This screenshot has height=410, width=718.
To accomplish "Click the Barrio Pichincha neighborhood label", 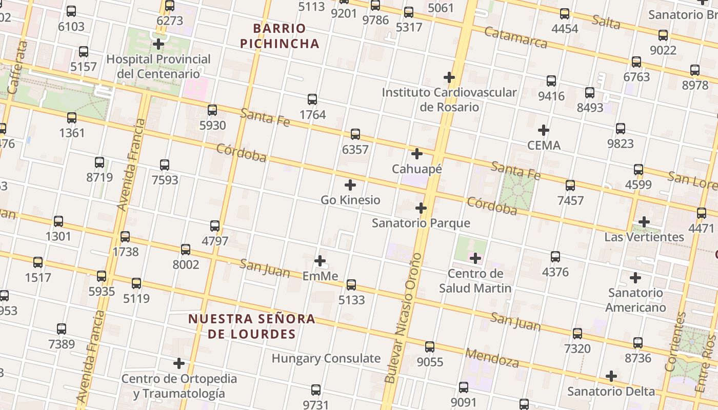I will click(x=280, y=36).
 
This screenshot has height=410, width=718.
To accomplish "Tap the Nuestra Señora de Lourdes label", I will click(x=251, y=326).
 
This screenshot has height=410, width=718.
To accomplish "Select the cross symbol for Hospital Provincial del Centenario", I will click(x=158, y=44).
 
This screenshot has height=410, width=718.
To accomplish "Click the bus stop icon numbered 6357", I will click(x=355, y=135).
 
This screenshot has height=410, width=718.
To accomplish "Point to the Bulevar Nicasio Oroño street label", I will click(x=404, y=318).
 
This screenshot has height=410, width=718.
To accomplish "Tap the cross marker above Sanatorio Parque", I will click(x=421, y=208).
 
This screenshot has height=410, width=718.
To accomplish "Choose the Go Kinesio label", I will click(x=350, y=200).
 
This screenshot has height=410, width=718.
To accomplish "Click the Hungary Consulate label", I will click(x=326, y=358).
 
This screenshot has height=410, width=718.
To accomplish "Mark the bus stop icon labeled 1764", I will click(x=312, y=99).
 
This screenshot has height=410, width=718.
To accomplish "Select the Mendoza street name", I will click(x=491, y=358).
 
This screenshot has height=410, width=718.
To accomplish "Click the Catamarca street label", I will click(x=515, y=37).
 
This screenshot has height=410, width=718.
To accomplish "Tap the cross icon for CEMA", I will click(x=544, y=130).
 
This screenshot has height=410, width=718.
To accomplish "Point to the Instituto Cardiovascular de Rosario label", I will click(x=449, y=99).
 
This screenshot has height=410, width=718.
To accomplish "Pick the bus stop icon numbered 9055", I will click(x=430, y=347).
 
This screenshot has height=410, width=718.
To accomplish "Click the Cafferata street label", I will click(x=18, y=67).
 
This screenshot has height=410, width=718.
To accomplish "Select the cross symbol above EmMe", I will click(x=320, y=261).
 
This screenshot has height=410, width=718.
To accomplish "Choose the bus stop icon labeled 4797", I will click(x=215, y=226).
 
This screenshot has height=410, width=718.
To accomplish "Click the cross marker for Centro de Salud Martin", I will click(x=475, y=258).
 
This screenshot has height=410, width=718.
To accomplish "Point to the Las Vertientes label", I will click(x=644, y=237).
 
